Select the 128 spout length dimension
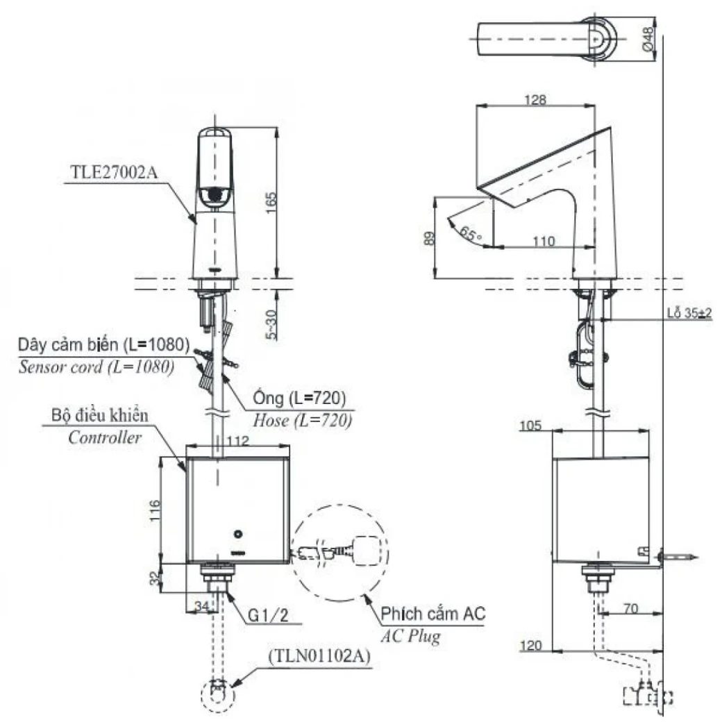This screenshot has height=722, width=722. pyautogui.click(x=535, y=100)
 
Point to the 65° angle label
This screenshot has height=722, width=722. pyautogui.click(x=470, y=234)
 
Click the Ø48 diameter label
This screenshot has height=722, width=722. pyautogui.click(x=648, y=38)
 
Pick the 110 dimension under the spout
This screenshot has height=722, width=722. pyautogui.click(x=544, y=241)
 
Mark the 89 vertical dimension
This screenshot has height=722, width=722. pyautogui.click(x=430, y=237)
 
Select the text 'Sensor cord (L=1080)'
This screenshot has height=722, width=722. pyautogui.click(x=96, y=367)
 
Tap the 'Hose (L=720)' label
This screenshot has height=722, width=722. pyautogui.click(x=302, y=420)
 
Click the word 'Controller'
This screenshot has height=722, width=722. pyautogui.click(x=105, y=437)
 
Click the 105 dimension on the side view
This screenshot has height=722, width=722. pyautogui.click(x=531, y=425)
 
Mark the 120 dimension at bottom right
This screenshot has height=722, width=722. pyautogui.click(x=531, y=646)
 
